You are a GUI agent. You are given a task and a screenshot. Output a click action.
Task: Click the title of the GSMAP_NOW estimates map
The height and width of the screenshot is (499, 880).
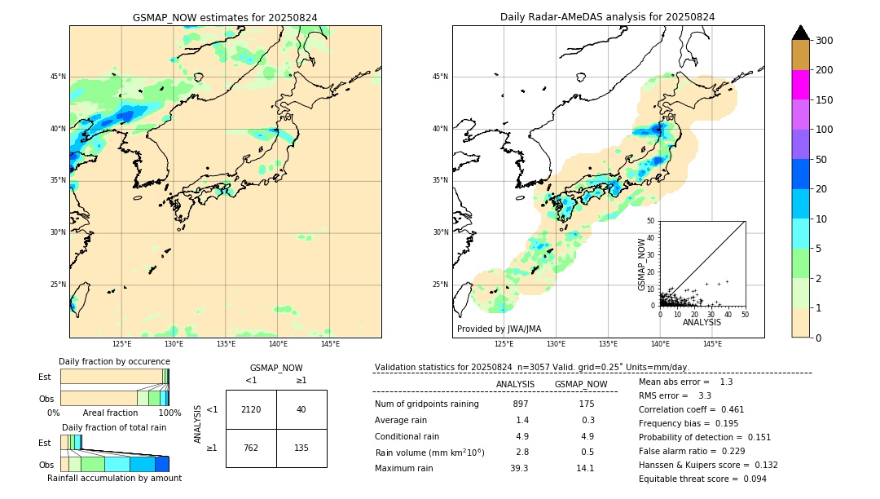coord(225,17)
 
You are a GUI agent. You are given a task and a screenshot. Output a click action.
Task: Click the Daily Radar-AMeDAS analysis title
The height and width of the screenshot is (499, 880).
coord(608,17)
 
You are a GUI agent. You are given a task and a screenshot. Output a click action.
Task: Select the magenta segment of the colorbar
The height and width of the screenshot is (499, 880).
coord(801,85)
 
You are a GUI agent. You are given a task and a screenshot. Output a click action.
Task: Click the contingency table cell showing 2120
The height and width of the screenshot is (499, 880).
coord(251,409)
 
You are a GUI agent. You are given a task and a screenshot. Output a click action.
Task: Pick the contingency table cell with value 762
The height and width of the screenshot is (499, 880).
coord(251,448)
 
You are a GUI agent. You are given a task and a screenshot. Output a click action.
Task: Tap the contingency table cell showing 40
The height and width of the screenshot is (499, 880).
coord(301,409)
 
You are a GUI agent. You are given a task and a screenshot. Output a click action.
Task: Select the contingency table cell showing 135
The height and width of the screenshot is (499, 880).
coord(301,448)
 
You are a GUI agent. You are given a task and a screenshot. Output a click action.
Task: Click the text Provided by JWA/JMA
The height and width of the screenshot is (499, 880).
coord(499,329)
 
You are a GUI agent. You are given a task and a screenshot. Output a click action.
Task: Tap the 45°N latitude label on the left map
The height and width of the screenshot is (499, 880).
coord(58,77)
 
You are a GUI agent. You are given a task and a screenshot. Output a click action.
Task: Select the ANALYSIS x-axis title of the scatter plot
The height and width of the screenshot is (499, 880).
coord(702,322)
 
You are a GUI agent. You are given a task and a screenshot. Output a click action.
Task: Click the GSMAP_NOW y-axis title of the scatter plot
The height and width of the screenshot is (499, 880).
coord(642,264)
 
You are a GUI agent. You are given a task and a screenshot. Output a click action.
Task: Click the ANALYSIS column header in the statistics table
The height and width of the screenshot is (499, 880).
coord(515,384)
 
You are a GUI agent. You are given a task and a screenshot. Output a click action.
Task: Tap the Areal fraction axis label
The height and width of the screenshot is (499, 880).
coord(110,413)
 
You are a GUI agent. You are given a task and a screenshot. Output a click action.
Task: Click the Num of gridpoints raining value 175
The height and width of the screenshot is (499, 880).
coord(587,404)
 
